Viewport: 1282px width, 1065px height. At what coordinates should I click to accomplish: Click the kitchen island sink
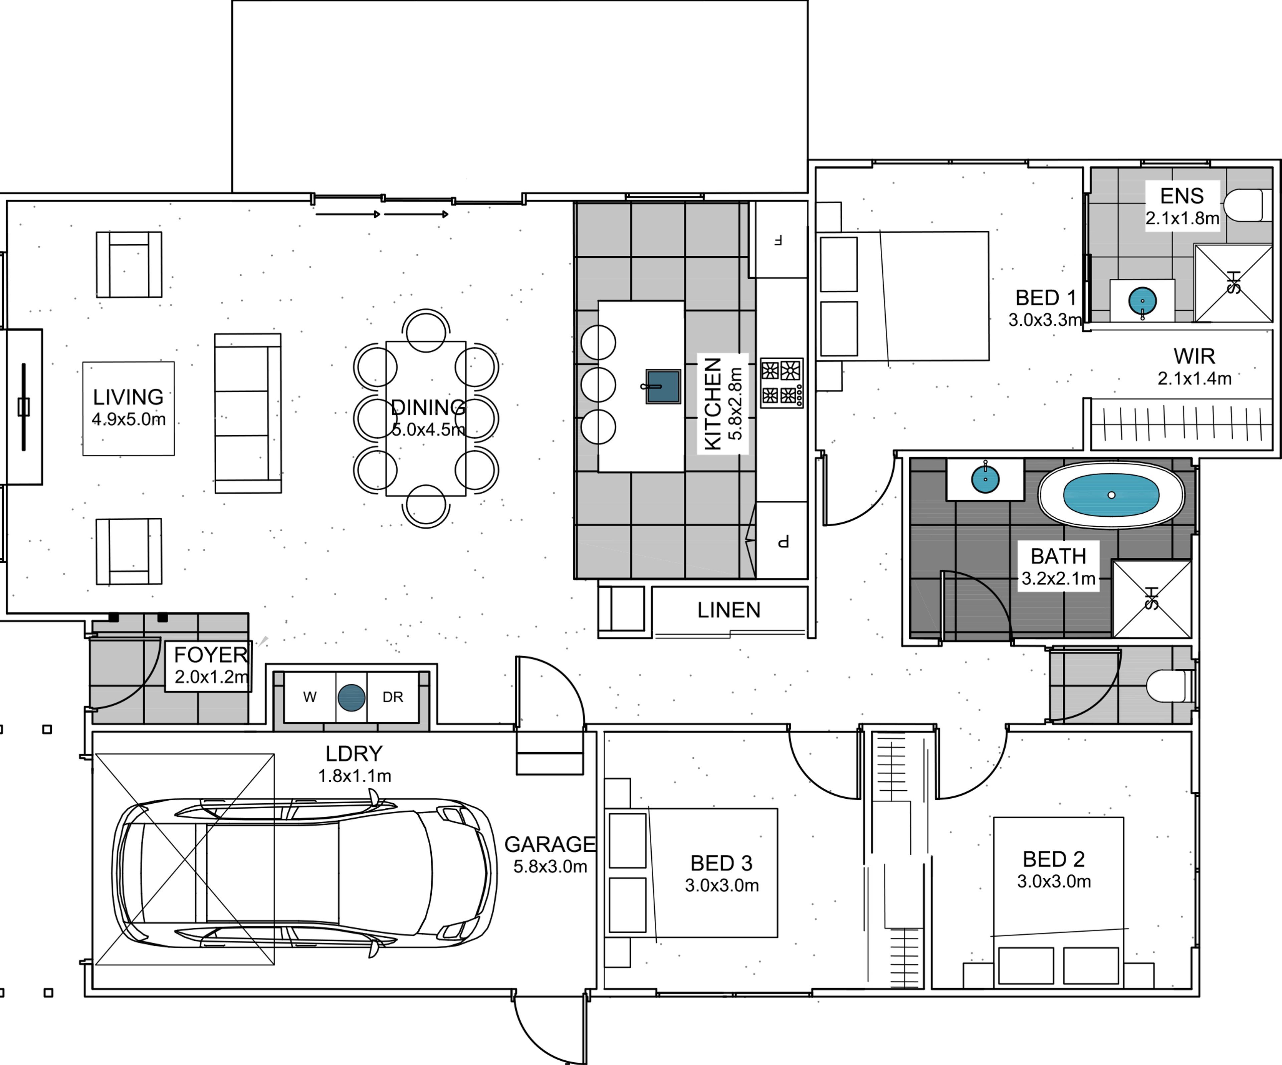(663, 386)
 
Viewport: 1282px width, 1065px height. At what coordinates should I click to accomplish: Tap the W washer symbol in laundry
(310, 697)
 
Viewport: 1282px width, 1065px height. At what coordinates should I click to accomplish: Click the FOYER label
(210, 655)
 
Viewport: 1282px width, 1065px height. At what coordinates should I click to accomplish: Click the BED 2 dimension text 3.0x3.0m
(1054, 881)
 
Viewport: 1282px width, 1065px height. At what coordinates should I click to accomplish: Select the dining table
(426, 418)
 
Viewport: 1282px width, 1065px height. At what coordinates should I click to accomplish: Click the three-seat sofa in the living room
(247, 413)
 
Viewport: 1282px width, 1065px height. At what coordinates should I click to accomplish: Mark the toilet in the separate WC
(1168, 686)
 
